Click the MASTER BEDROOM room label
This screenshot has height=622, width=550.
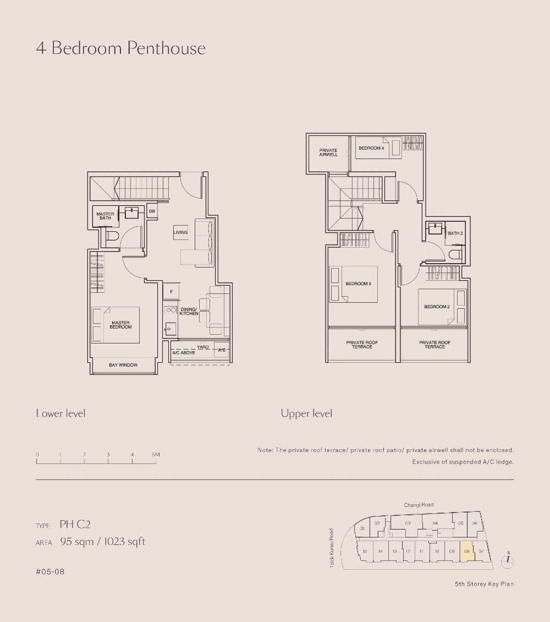(x=121, y=325)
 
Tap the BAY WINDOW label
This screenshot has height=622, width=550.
(x=123, y=365)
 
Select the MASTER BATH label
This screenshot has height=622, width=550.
(x=105, y=216)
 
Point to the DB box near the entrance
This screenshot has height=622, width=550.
(x=152, y=211)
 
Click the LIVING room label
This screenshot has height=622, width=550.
(x=180, y=232)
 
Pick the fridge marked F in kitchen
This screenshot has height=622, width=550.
(x=171, y=291)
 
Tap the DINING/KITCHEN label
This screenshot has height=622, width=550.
(x=189, y=312)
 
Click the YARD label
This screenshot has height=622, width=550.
(x=203, y=347)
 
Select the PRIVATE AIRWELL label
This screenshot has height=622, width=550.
(x=328, y=152)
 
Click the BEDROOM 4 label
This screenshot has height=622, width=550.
(x=371, y=148)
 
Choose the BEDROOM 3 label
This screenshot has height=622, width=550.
(x=358, y=283)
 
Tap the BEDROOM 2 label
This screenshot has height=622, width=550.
(x=437, y=307)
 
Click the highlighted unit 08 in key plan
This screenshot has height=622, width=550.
(x=466, y=551)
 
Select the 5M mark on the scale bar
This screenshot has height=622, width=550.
(x=156, y=455)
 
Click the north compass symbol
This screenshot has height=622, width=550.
(x=508, y=560)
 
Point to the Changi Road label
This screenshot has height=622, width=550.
(x=419, y=505)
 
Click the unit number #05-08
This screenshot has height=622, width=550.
(x=50, y=572)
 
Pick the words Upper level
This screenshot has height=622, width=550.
(x=306, y=413)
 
